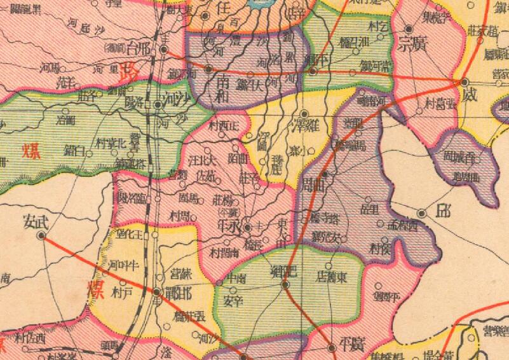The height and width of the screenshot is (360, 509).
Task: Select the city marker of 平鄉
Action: click(313, 71)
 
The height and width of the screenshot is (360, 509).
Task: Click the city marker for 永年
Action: click(248, 225)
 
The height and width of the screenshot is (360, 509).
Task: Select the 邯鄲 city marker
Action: click(157, 292)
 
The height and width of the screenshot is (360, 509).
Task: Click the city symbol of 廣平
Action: click(332, 347)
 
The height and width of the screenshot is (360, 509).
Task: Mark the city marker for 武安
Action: click(42, 235)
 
